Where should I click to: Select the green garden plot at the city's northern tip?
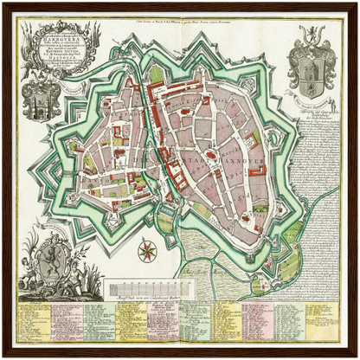156,73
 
